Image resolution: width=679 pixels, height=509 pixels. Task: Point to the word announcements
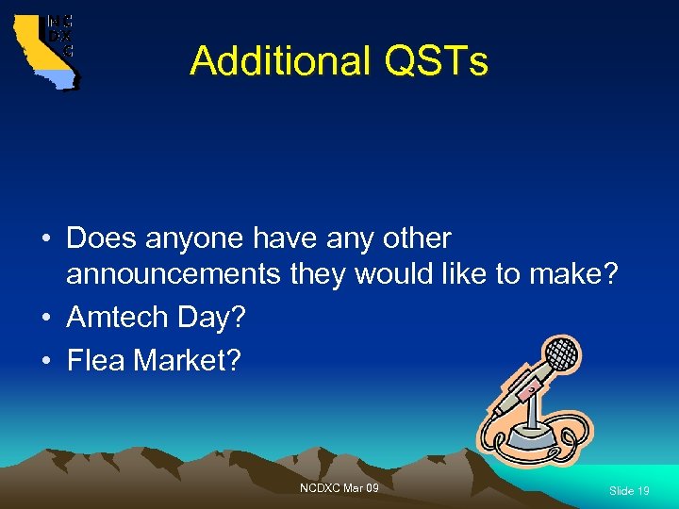pos(173,274)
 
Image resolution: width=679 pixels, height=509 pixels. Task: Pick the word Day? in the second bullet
pos(217,319)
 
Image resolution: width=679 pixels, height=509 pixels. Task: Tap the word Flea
pos(95,359)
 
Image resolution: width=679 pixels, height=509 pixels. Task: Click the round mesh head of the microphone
pos(563,355)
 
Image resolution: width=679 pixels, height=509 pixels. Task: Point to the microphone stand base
pos(531,437)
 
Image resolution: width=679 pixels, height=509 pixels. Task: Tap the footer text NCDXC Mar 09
pos(339,487)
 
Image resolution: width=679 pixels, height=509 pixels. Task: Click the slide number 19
pos(629,491)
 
